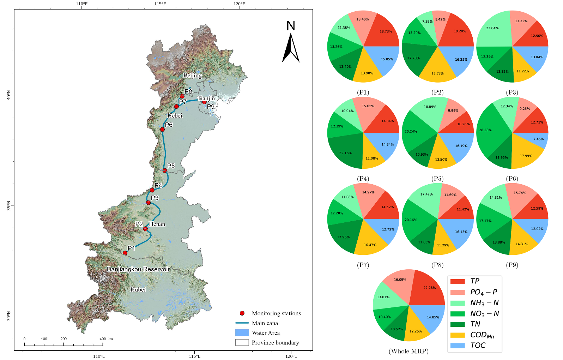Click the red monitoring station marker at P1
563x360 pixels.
click(125, 253)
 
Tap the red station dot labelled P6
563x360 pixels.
click(162, 130)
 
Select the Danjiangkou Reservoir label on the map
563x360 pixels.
click(138, 269)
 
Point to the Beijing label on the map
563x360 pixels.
click(192, 76)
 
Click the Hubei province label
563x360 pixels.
click(138, 290)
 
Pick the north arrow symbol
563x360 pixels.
click(291, 48)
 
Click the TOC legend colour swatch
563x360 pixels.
click(458, 346)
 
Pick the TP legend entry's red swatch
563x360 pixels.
click(458, 281)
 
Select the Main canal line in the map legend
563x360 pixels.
click(242, 323)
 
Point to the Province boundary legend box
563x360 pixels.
click(242, 342)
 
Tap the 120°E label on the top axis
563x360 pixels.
click(239, 4)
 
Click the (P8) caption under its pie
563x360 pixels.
click(437, 265)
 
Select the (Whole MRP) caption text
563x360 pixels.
click(408, 351)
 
